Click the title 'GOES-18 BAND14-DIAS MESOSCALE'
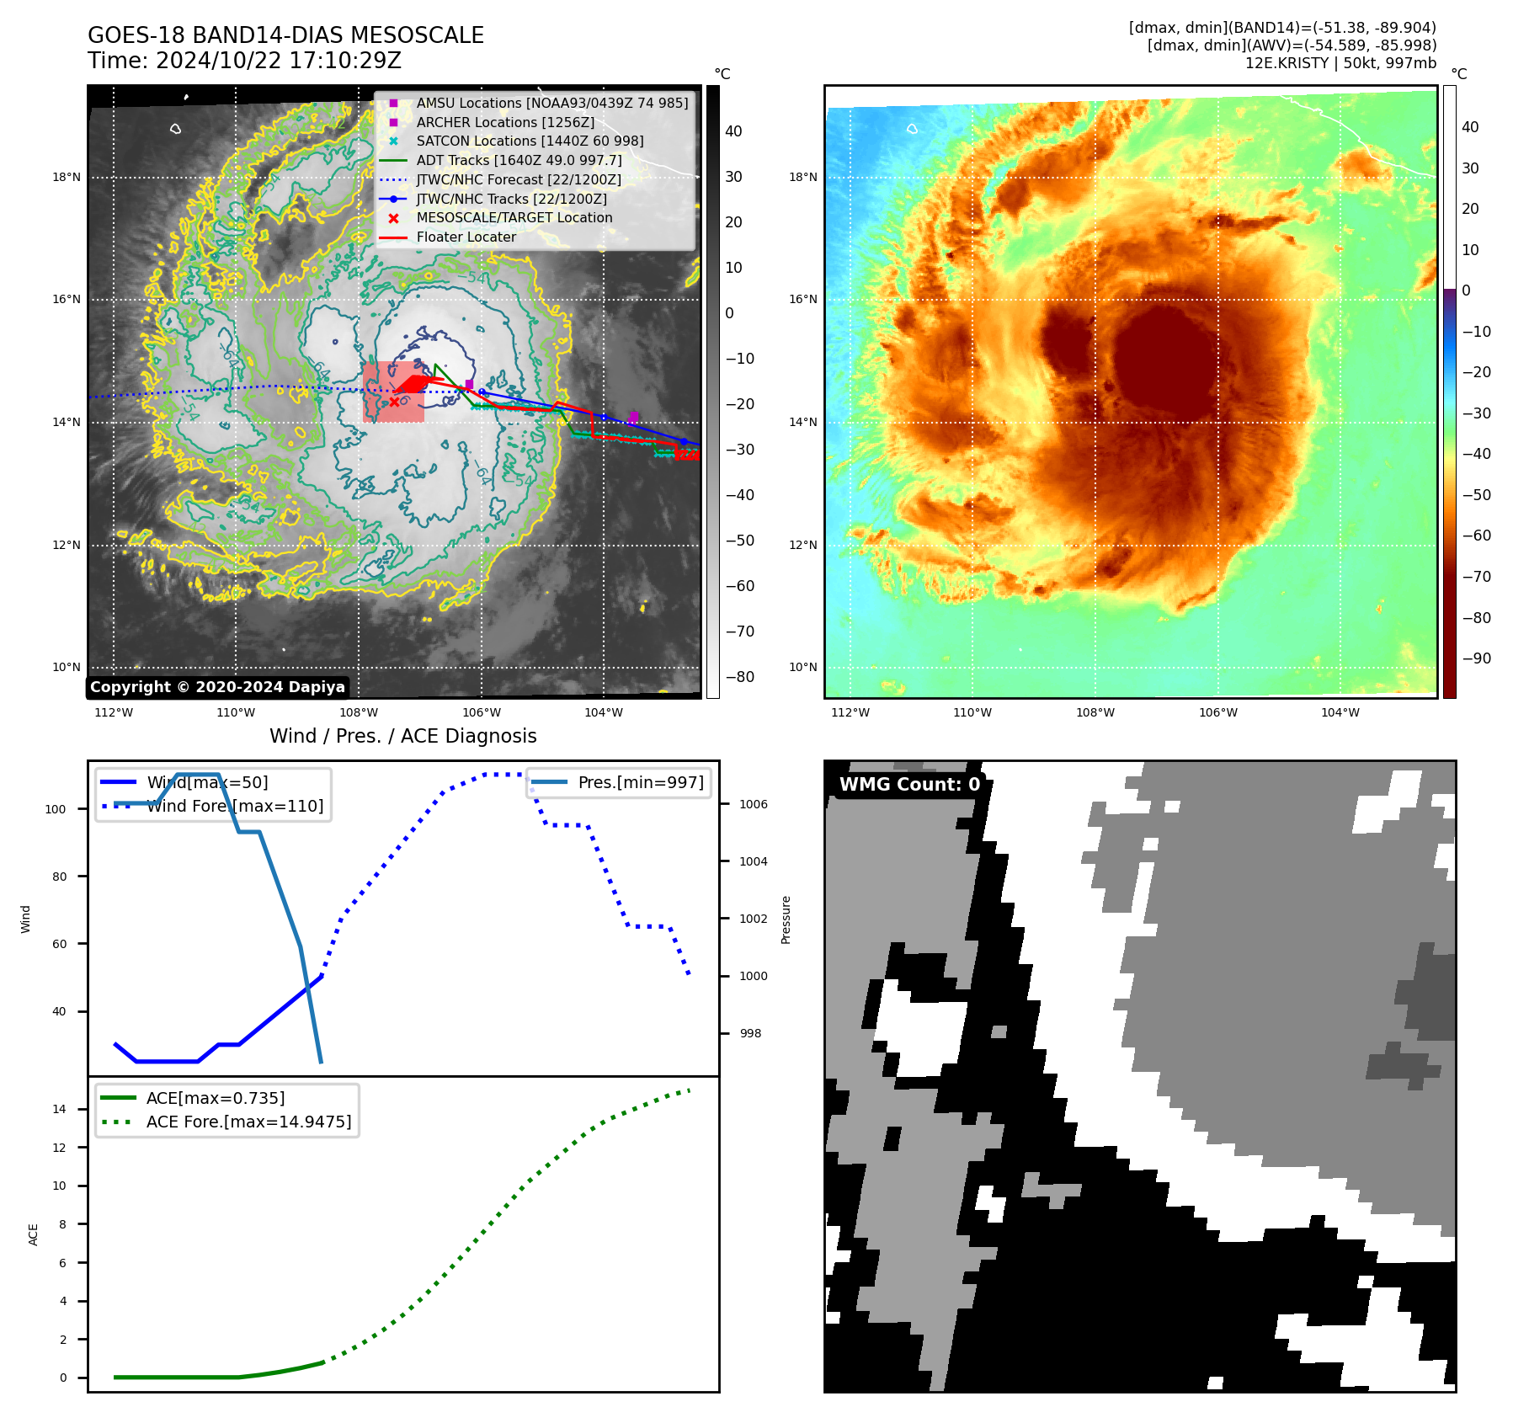point(285,35)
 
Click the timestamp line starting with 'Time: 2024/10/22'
point(244,61)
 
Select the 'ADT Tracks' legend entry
point(519,160)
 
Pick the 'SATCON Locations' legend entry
point(530,141)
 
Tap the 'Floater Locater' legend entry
point(466,237)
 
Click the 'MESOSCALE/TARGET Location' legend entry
point(514,217)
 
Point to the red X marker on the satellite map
point(394,402)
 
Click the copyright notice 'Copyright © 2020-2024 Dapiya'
point(217,687)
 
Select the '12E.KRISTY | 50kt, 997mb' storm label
point(1340,63)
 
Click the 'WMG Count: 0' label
point(909,784)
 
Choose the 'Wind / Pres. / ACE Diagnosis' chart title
point(402,736)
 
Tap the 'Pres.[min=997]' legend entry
point(640,782)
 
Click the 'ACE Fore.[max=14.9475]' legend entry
point(248,1122)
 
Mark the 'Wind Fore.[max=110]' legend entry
point(235,806)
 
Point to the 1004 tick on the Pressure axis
point(753,861)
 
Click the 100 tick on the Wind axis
point(56,809)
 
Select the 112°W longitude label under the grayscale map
point(114,712)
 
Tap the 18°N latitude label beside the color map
point(802,177)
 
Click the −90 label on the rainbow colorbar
point(1476,658)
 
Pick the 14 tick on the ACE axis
point(59,1109)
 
